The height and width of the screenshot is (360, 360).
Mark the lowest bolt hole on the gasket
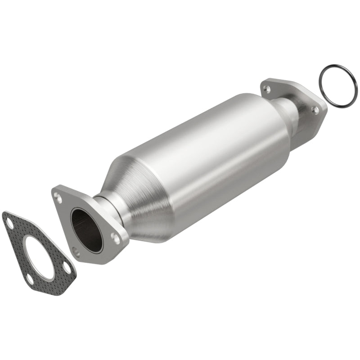click(30, 279)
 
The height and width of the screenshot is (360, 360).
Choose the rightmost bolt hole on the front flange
click(117, 239)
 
